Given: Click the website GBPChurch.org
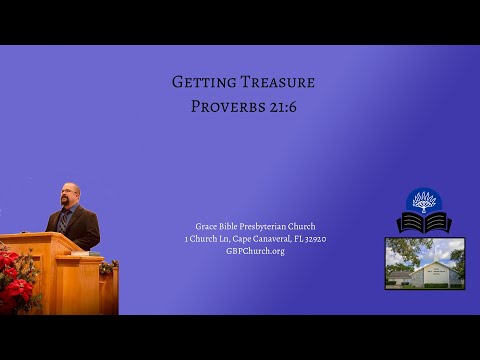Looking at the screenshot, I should point(255,251).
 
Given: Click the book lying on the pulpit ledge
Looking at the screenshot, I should point(78,254).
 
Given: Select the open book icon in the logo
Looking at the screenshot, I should point(424,222).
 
